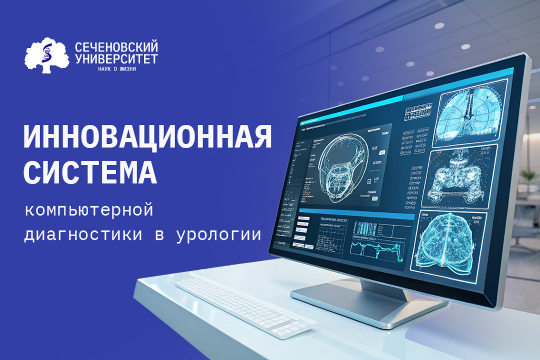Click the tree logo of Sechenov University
[x=46, y=55]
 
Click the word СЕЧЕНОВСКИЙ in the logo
[x=117, y=47]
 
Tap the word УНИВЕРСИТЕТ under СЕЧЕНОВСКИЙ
[x=116, y=59]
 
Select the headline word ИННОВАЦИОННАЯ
[x=148, y=138]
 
